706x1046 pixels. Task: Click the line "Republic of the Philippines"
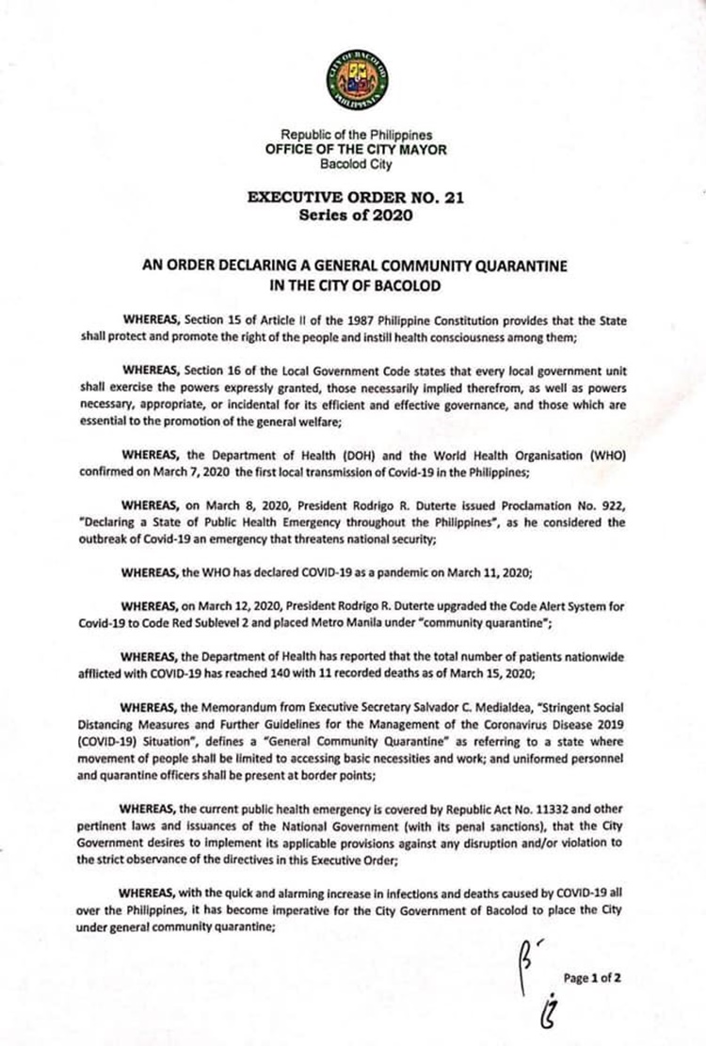(x=354, y=136)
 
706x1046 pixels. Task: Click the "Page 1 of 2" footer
(x=592, y=977)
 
